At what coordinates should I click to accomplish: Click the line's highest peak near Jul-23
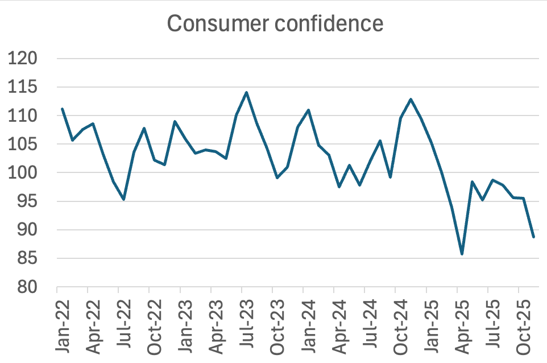coord(246,92)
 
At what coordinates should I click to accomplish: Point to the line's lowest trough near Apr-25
coord(462,254)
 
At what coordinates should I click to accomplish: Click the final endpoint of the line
coord(533,237)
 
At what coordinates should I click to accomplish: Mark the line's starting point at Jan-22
coord(62,109)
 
